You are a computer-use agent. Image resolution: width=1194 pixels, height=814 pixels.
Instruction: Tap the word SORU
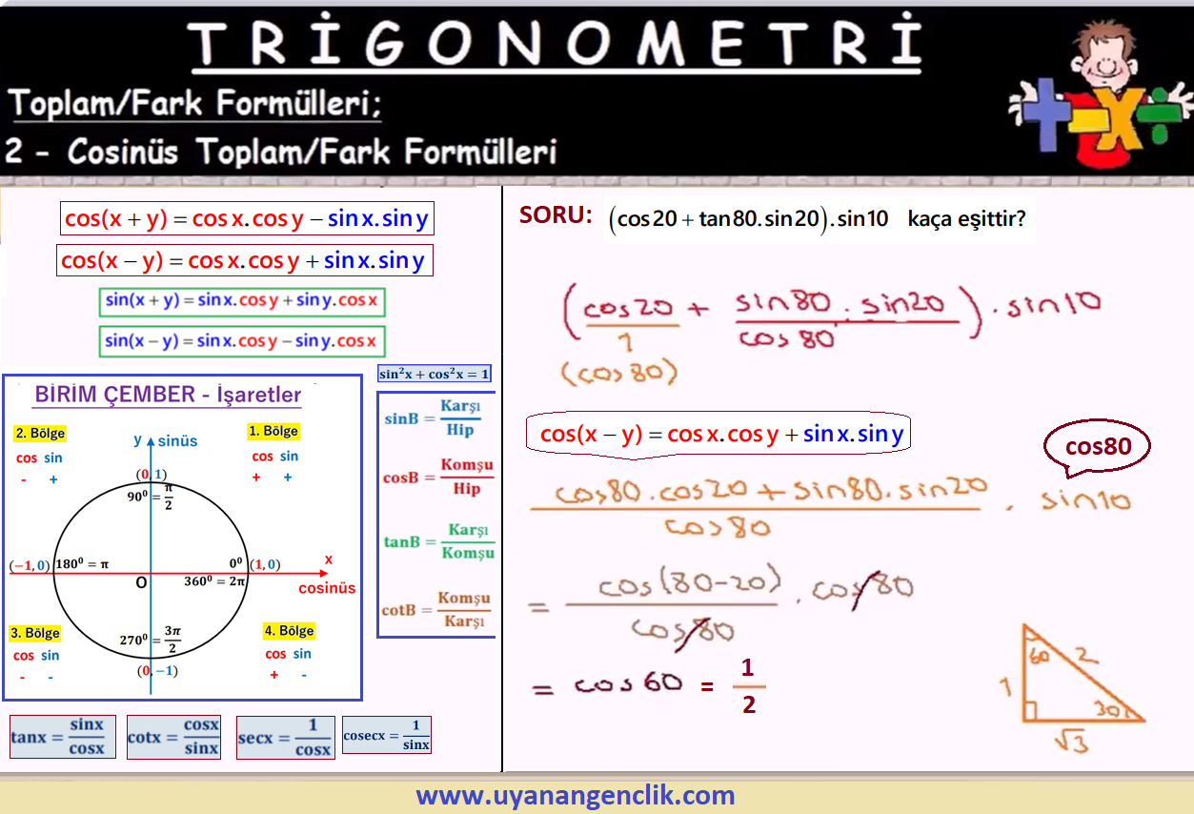coord(556,215)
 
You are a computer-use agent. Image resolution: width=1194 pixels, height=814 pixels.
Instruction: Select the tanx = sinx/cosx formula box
coord(62,737)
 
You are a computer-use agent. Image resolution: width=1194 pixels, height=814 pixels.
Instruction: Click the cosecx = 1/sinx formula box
coord(387,735)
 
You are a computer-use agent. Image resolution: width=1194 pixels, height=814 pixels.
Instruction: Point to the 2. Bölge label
coord(40,433)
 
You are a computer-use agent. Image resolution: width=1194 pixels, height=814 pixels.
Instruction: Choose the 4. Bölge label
coord(290,631)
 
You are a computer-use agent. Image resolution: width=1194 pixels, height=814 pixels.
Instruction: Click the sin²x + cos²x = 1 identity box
coord(434,374)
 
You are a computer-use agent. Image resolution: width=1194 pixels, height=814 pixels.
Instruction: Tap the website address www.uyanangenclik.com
coord(576,795)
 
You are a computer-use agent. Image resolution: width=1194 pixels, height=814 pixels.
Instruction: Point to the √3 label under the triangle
coord(1071,742)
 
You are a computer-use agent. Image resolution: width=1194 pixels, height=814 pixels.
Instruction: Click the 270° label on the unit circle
coord(133,639)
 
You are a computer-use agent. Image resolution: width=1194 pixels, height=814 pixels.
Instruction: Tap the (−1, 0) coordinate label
coord(30,565)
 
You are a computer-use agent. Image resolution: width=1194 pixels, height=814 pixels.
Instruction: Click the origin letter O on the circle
coord(141,582)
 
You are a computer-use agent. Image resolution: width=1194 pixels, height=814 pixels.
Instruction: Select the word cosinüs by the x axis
coord(327,588)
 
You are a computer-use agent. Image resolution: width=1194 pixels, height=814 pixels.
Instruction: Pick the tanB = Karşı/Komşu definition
coord(439,541)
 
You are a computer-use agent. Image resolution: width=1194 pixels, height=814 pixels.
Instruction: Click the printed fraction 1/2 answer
coord(748,686)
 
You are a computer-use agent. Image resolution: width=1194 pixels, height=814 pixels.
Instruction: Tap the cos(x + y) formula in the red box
coord(247,218)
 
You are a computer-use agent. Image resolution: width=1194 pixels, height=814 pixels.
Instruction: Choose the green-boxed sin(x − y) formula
coord(242,340)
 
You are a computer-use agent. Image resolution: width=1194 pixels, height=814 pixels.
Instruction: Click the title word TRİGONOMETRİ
coord(556,42)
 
